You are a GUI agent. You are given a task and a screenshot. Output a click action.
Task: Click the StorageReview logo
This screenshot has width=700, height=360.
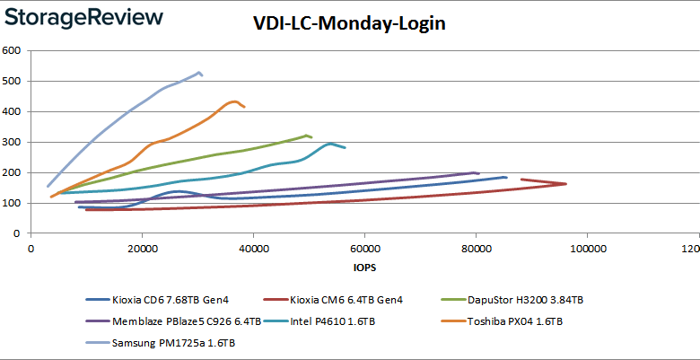tap(83, 17)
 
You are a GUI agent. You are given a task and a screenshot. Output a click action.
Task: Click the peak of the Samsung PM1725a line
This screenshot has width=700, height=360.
tap(198, 72)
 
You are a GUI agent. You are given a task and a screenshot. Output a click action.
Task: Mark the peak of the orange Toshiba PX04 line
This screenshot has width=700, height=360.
tap(235, 101)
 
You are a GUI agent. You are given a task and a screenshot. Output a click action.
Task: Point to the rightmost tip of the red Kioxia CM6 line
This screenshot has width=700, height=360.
tap(566, 184)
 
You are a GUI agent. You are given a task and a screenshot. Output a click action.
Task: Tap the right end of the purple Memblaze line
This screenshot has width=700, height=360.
tap(478, 172)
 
